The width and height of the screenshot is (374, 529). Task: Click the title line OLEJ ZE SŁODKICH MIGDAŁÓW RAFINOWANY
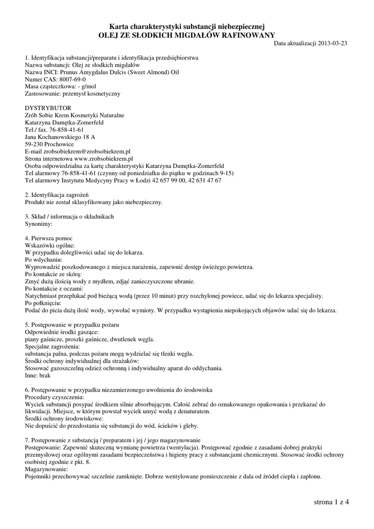click(x=187, y=35)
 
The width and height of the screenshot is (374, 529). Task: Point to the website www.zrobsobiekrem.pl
click(x=103, y=159)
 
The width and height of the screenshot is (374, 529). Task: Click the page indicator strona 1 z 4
click(x=331, y=502)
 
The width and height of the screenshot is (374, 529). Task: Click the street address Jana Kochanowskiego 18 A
click(x=60, y=137)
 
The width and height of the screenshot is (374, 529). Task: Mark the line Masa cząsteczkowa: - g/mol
click(x=61, y=87)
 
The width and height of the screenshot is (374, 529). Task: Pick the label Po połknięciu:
click(x=43, y=303)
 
